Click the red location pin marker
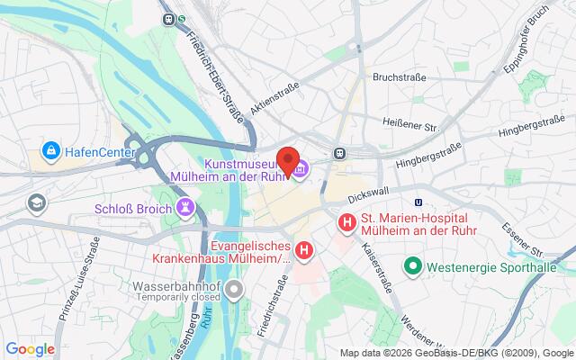coord(288,159)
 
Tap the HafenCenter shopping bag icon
coord(49,149)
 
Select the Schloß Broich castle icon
coord(186,208)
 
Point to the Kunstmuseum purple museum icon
coord(299,167)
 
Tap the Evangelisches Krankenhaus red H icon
coord(305,251)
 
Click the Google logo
coord(30,349)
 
